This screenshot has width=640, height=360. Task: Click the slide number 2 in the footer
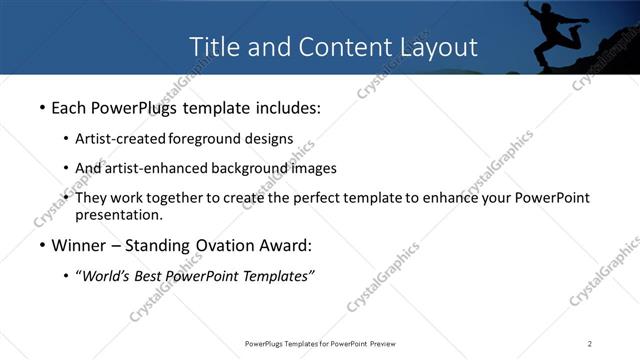[590, 344]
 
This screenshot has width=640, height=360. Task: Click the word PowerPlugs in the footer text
[267, 344]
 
